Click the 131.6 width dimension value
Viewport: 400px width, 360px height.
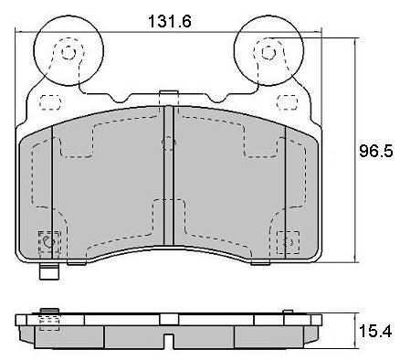click(170, 22)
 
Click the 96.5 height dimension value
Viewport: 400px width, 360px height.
click(376, 151)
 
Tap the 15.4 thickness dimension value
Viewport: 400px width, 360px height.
click(375, 331)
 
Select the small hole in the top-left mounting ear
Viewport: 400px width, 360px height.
click(68, 53)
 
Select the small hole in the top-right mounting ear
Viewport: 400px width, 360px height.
click(268, 53)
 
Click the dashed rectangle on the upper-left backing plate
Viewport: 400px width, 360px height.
click(50, 102)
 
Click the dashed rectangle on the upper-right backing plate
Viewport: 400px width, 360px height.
click(287, 101)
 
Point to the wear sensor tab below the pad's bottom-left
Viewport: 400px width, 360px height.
click(49, 271)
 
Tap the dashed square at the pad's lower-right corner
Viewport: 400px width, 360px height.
click(288, 242)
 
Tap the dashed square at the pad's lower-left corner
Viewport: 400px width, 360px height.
click(49, 242)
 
